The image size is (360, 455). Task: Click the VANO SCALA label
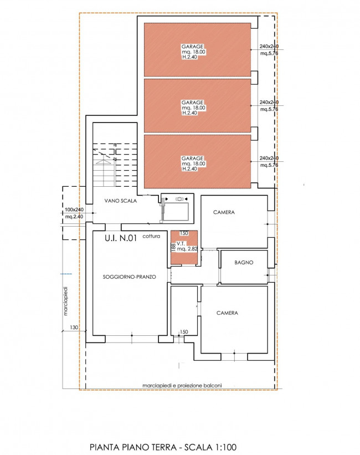[120, 201]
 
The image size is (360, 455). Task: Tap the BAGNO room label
[244, 263]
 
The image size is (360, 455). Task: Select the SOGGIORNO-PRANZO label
[130, 277]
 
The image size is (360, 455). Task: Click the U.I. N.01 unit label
[120, 238]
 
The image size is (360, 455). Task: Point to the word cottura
[151, 236]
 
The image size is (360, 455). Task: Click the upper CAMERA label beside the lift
[224, 212]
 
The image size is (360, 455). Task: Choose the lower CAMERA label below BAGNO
[227, 313]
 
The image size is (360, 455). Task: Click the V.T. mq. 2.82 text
[187, 247]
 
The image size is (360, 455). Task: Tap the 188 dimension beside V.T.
[173, 247]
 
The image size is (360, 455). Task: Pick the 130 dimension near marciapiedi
[74, 328]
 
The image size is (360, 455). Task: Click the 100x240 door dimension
[74, 210]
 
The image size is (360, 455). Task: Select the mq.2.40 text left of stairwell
[74, 217]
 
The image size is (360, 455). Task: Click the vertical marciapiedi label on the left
[65, 301]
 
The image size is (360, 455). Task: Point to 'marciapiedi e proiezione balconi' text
[182, 386]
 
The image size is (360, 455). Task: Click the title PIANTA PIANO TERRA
[133, 447]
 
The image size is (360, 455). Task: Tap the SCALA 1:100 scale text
[210, 447]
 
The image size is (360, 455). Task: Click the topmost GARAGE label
[192, 47]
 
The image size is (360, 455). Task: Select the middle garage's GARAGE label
[192, 103]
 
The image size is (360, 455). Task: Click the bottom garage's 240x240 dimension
[269, 158]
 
